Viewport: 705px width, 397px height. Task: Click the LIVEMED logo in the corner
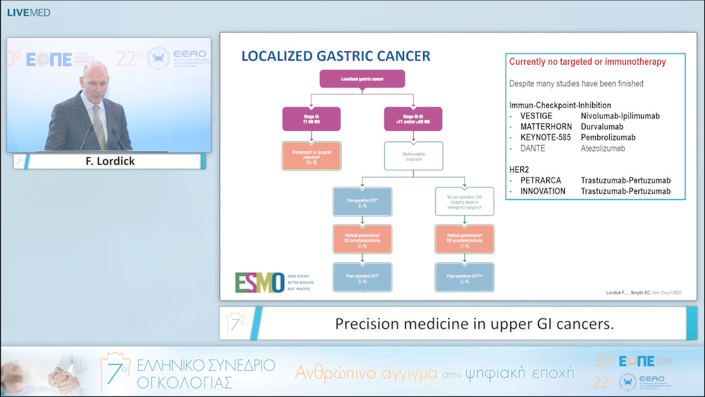(x=28, y=12)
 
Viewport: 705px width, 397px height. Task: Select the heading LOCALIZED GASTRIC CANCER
(x=336, y=56)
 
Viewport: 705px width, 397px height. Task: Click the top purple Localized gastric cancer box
(x=362, y=79)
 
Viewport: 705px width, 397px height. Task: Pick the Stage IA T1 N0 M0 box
(x=311, y=119)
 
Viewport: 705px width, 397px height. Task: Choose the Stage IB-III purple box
(x=413, y=119)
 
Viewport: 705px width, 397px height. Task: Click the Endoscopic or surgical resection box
(x=311, y=156)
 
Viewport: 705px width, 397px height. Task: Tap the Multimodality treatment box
(x=413, y=156)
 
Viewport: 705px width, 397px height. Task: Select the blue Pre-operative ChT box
(x=362, y=202)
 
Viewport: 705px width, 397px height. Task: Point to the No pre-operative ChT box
(x=465, y=202)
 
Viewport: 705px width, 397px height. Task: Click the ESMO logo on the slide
(x=260, y=282)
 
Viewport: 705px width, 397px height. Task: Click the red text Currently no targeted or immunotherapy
(x=587, y=62)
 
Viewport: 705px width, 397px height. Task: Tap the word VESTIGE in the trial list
(x=536, y=116)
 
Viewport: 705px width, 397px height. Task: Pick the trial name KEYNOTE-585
(x=546, y=138)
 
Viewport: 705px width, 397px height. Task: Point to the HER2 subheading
(x=520, y=169)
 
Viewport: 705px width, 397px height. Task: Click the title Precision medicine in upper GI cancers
(x=474, y=323)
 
